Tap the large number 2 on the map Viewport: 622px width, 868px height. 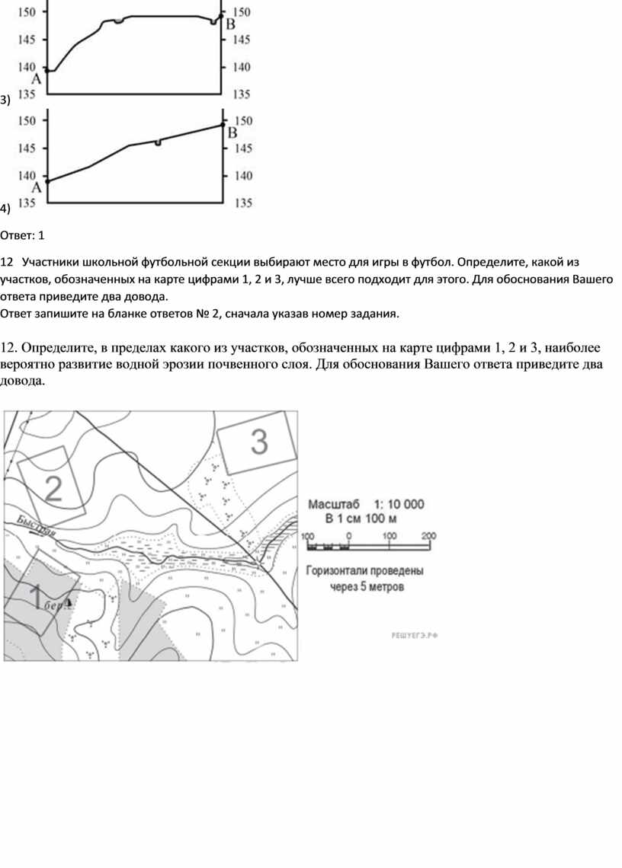[x=53, y=488]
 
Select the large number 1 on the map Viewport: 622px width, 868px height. [x=36, y=597]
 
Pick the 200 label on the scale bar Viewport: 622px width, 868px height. [x=428, y=536]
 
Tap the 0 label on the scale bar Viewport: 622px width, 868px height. [x=348, y=536]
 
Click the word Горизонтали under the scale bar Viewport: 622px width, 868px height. [x=344, y=570]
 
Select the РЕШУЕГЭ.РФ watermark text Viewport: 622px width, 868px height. [x=415, y=634]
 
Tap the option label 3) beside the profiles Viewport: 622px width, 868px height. [x=5, y=100]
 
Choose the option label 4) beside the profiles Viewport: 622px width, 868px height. [x=5, y=208]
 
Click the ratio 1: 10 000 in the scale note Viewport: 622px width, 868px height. [x=399, y=504]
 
